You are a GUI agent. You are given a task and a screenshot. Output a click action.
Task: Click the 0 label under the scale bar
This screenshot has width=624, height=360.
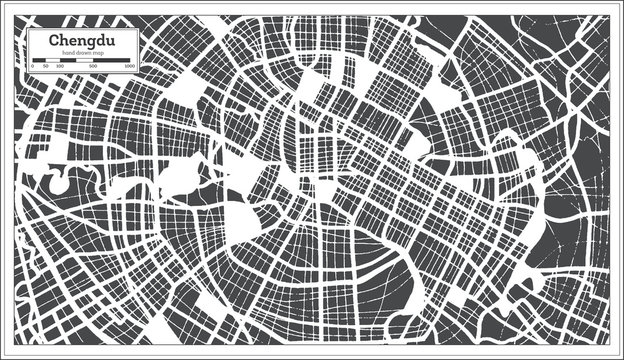[x=31, y=66]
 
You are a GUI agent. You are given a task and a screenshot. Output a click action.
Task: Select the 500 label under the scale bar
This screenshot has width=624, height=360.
[x=93, y=66]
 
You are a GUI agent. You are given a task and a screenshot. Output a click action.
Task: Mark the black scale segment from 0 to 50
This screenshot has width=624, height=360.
[x=37, y=59]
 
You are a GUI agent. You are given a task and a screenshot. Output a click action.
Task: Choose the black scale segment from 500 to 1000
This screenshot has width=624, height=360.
[x=113, y=59]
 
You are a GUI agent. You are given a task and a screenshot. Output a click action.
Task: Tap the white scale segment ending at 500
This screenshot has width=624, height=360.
[x=84, y=59]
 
